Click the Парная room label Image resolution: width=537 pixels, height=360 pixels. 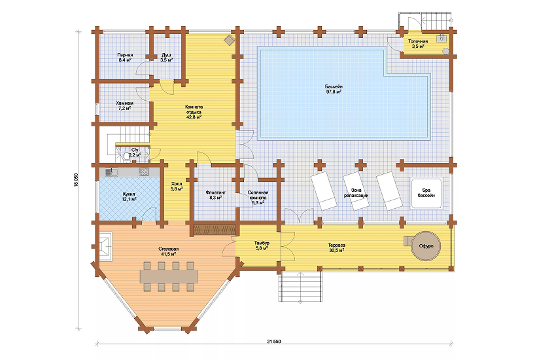125,57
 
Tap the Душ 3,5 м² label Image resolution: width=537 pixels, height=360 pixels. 166,57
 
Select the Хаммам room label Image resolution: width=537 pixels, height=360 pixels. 125,105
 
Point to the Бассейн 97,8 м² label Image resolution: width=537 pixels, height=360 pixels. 334,89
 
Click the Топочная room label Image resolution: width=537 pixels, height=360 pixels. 418,44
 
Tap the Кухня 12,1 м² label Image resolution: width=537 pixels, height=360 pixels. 130,196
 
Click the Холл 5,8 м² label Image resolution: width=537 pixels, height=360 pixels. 177,186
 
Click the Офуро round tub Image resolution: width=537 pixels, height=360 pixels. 426,246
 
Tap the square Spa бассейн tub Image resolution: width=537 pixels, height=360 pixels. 426,193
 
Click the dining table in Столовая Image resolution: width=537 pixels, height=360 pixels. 169,276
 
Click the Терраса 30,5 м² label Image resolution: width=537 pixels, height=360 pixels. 336,248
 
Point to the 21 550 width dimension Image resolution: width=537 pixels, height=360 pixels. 273,342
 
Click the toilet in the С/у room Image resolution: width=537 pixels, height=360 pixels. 126,156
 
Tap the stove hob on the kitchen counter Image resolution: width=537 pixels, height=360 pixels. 143,171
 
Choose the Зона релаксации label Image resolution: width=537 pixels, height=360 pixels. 356,192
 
